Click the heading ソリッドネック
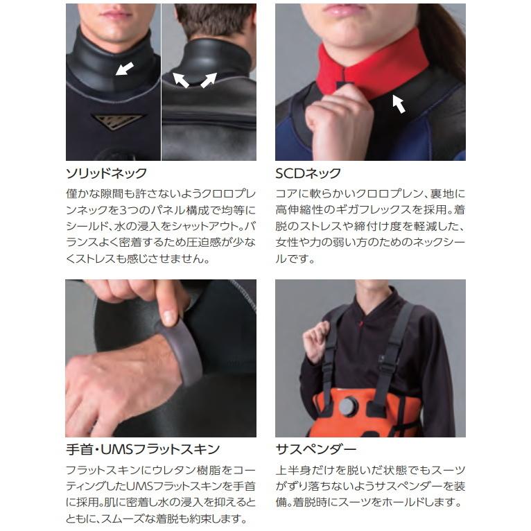106,173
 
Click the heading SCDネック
308,173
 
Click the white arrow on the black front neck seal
125,68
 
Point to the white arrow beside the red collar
399,103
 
